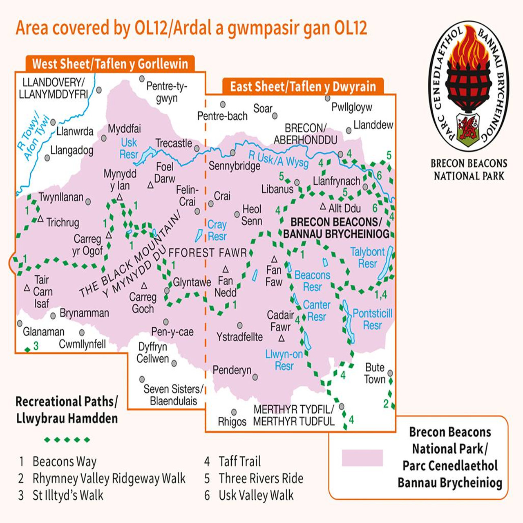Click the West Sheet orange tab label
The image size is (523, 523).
110,64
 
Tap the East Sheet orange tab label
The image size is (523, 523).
303,87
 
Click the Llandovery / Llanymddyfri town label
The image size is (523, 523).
53,88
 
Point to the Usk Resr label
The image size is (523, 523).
129,148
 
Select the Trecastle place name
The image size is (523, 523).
174,143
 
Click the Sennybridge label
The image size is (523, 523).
234,166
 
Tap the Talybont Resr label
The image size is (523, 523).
367,257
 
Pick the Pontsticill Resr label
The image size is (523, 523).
372,319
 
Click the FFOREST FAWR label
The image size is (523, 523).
208,253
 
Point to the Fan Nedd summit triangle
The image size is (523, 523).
225,270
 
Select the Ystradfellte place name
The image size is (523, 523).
239,337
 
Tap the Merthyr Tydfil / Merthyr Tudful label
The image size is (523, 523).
294,415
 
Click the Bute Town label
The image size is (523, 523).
375,373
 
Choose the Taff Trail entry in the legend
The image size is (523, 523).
239,461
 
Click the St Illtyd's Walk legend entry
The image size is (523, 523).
68,495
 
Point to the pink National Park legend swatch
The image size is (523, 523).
362,458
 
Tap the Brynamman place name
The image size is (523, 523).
84,313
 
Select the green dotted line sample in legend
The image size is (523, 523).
67,440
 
